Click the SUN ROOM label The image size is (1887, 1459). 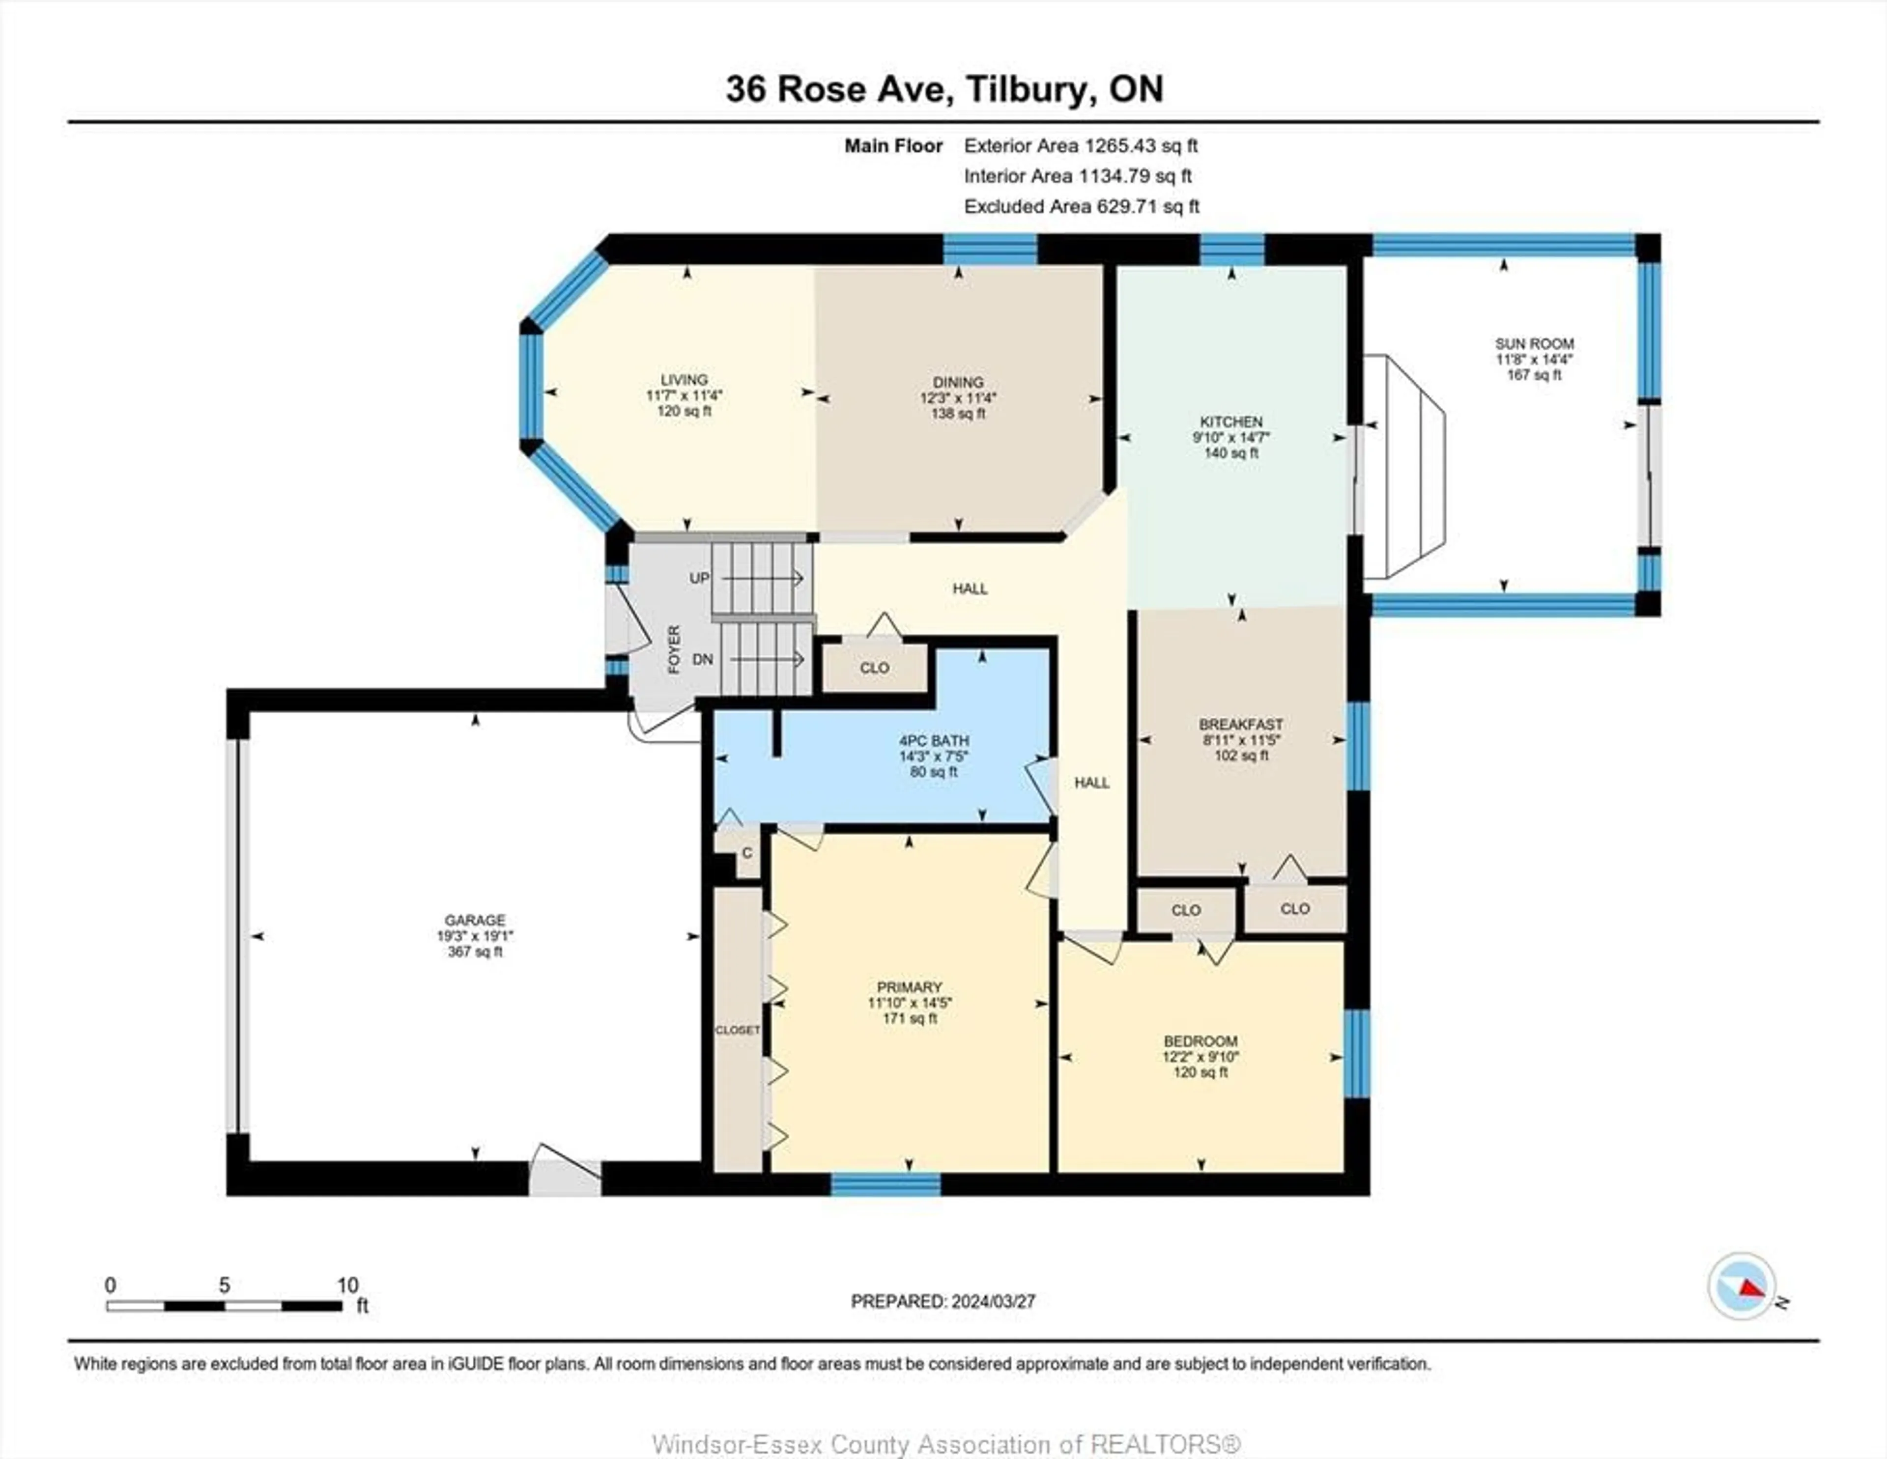pyautogui.click(x=1535, y=344)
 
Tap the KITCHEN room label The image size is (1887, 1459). pyautogui.click(x=1231, y=421)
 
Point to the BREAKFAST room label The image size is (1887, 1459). pyautogui.click(x=1241, y=724)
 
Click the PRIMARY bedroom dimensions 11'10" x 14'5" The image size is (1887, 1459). pyautogui.click(x=909, y=1003)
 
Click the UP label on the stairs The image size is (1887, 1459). pyautogui.click(x=699, y=578)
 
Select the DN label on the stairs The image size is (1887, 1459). pyautogui.click(x=702, y=659)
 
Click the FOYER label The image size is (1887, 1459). pyautogui.click(x=674, y=649)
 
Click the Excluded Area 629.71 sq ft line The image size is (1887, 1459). pyautogui.click(x=1081, y=206)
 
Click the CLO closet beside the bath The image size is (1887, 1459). pyautogui.click(x=874, y=668)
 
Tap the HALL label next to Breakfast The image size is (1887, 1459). pyautogui.click(x=1091, y=783)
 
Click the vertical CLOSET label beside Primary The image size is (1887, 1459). pyautogui.click(x=737, y=1030)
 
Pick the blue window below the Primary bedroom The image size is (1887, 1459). pyautogui.click(x=886, y=1184)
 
